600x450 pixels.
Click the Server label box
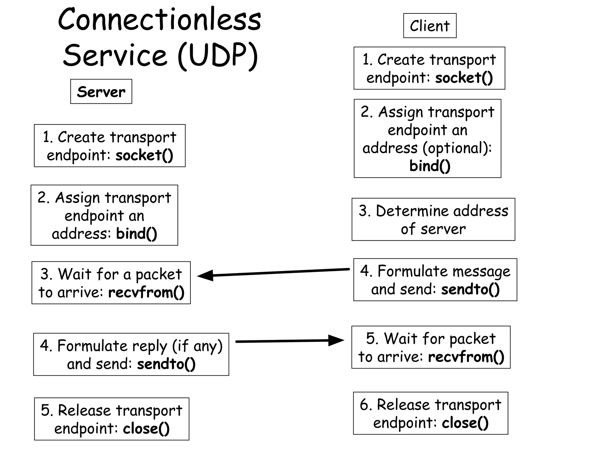pos(101,92)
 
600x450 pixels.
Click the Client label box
pos(429,26)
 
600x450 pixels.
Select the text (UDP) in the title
pos(218,56)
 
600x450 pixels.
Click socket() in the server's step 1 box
pos(144,155)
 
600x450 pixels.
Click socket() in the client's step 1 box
pos(464,78)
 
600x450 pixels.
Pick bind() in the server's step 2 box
pos(137,234)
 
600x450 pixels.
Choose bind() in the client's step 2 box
pos(429,166)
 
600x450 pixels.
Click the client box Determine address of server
pos(433,219)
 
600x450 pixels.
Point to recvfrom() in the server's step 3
pos(146,292)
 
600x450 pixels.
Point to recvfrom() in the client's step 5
pos(466,357)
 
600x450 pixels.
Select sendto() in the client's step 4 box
pos(470,289)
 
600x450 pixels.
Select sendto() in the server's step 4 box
pos(166,364)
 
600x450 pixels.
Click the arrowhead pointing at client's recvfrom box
pos(336,340)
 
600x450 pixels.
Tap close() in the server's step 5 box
pos(146,429)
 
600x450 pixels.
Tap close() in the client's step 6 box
pos(465,423)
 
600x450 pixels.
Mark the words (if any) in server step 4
pos(197,346)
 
